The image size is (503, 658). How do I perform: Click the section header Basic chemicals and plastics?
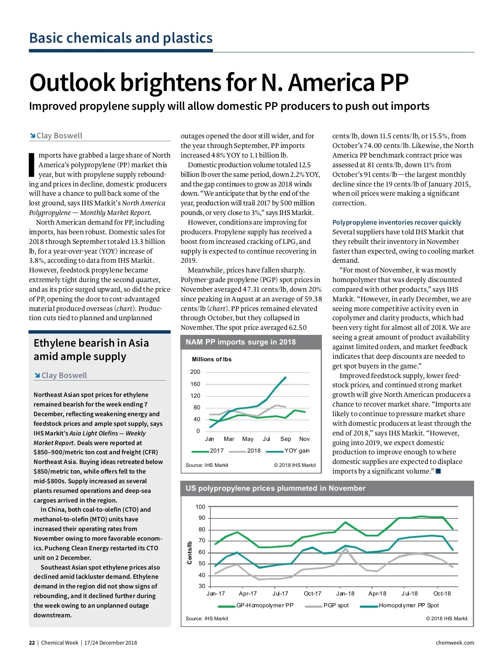(121, 38)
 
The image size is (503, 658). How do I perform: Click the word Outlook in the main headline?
(72, 83)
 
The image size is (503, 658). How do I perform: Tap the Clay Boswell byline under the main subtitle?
(59, 136)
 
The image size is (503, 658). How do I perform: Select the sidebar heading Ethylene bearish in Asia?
(91, 343)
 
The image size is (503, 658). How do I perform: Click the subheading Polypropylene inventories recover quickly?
(397, 222)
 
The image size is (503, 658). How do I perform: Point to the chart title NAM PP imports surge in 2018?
(241, 342)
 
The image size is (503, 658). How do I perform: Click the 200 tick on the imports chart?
(195, 372)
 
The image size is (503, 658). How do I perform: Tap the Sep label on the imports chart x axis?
(285, 439)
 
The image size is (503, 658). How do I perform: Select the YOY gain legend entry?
(297, 451)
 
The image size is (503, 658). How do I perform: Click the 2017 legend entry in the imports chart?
(216, 451)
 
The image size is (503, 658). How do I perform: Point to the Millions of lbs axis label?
(212, 359)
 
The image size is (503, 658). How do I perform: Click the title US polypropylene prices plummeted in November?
(275, 488)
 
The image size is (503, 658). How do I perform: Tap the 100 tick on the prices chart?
(200, 507)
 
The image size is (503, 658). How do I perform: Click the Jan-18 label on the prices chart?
(345, 593)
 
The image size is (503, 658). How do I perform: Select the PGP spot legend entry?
(336, 605)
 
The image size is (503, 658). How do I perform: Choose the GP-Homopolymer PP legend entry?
(264, 605)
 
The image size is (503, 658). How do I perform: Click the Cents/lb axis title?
(189, 552)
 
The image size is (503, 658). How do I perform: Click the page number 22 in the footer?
(32, 642)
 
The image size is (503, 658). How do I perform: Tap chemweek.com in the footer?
(455, 642)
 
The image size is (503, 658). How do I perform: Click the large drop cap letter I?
(31, 165)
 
